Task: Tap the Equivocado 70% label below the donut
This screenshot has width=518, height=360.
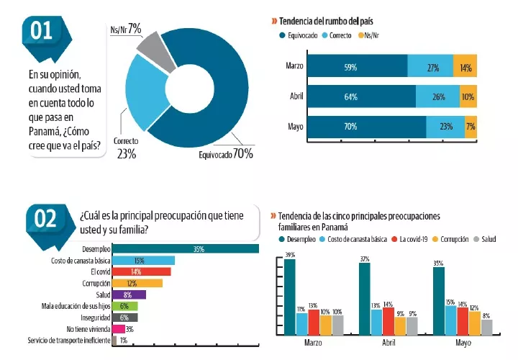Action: click(x=225, y=153)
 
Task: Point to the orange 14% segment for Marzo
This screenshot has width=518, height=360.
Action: click(x=465, y=68)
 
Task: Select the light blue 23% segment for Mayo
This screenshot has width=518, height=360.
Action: click(x=445, y=127)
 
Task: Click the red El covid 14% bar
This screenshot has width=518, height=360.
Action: click(x=142, y=271)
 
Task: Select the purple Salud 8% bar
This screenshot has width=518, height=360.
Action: click(x=129, y=294)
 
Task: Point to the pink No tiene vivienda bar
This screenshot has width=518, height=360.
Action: click(x=119, y=328)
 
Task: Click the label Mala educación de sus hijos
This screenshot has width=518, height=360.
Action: click(x=75, y=306)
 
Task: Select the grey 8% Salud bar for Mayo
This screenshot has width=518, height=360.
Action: click(x=486, y=328)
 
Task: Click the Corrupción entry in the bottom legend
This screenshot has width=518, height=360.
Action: click(x=453, y=238)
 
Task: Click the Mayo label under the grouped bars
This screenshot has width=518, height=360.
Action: click(x=463, y=344)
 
